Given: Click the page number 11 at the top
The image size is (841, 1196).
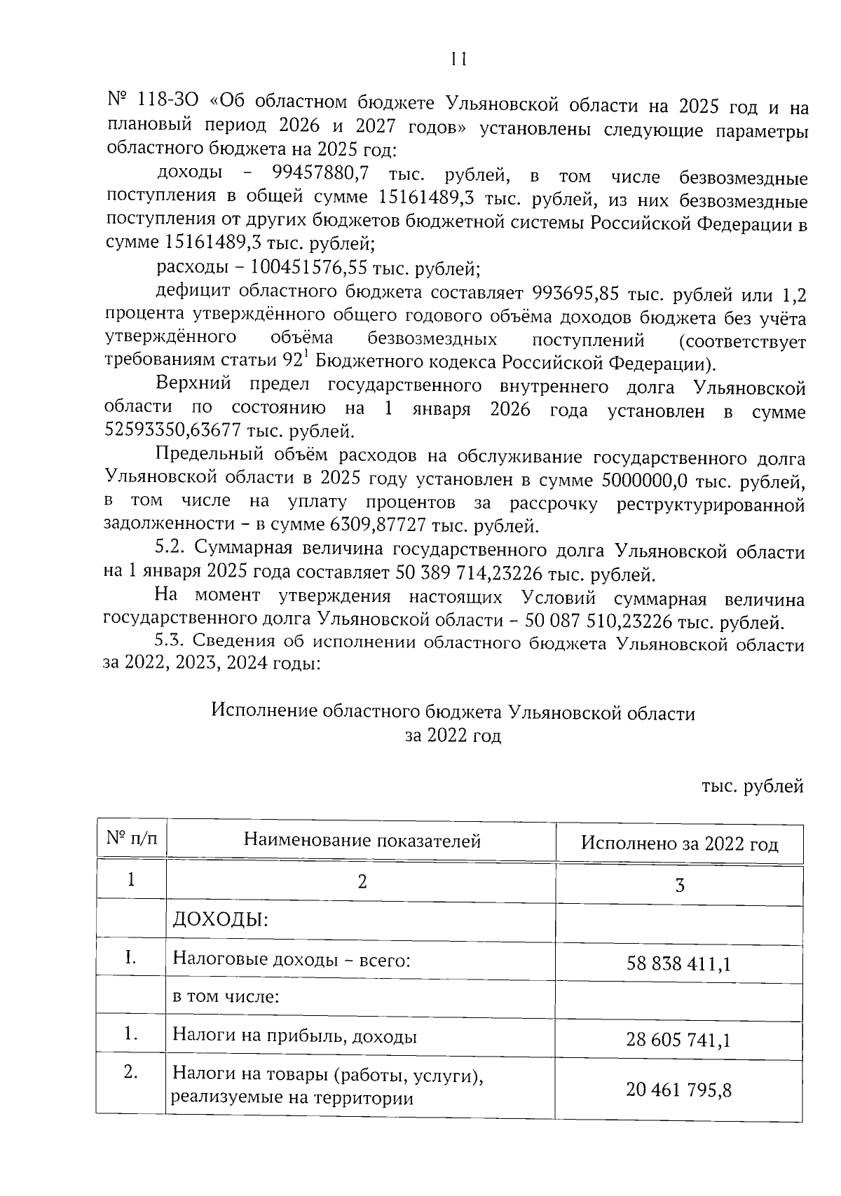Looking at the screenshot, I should tap(459, 60).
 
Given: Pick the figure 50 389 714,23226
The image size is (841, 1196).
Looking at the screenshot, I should tap(470, 575).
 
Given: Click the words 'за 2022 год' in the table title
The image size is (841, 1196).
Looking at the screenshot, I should tap(453, 736).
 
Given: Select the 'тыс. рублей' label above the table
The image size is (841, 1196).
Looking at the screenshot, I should tap(752, 787).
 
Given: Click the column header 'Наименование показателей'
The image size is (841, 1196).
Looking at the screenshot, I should tap(362, 841).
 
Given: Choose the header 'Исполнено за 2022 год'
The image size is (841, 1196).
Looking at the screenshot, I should tap(679, 844).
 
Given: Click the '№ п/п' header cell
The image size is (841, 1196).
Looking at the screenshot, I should tap(131, 839).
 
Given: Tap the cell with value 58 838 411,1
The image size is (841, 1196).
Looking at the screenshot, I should tap(678, 964).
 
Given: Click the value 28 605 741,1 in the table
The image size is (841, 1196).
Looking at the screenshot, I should tap(678, 1040).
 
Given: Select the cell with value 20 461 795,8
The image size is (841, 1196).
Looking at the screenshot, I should tap(678, 1090).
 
